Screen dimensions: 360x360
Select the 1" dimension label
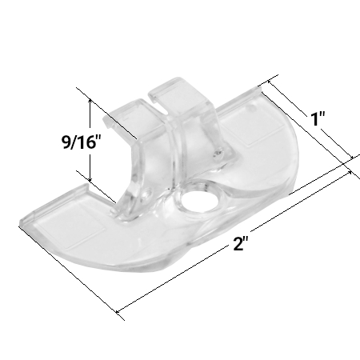pos(319,120)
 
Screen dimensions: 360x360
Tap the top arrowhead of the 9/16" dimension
pos(90,102)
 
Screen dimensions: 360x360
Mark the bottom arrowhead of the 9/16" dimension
pos(90,179)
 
